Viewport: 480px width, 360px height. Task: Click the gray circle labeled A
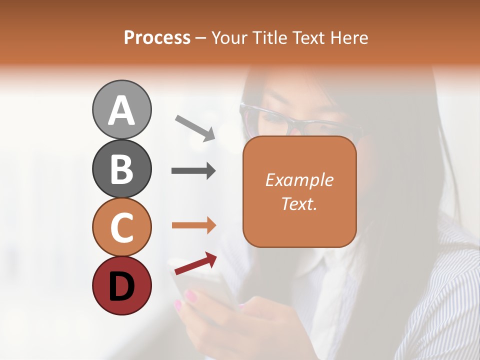coord(121,109)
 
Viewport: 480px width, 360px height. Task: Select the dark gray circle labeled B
coord(121,168)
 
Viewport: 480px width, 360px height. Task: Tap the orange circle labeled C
coord(121,227)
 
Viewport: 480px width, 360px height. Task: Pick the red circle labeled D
coord(121,286)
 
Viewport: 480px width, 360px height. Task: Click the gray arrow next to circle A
coord(195,128)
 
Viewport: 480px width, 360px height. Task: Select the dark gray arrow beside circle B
coord(193,171)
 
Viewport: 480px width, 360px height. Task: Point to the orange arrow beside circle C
coord(193,225)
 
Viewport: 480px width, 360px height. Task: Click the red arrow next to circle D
coord(195,264)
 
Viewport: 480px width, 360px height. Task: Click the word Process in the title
coord(157,38)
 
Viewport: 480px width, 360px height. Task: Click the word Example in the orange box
coord(299,180)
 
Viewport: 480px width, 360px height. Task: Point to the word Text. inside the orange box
coord(299,203)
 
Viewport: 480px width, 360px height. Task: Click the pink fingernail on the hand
coord(191,296)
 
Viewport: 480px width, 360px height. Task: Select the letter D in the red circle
coord(121,287)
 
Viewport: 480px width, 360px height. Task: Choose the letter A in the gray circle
coord(121,110)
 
